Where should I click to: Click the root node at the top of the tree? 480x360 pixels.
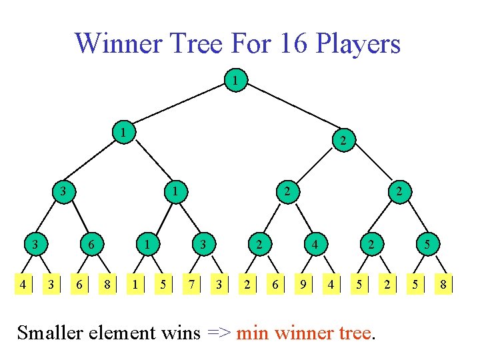234,81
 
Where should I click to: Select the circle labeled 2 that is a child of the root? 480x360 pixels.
342,141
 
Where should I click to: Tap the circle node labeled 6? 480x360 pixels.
90,245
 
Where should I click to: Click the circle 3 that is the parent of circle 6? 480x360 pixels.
62,192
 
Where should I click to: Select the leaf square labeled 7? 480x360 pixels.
191,285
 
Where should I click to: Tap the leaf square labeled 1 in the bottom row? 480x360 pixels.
135,285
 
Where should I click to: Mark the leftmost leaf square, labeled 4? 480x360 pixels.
23,285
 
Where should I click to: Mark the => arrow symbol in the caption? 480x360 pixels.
217,332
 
